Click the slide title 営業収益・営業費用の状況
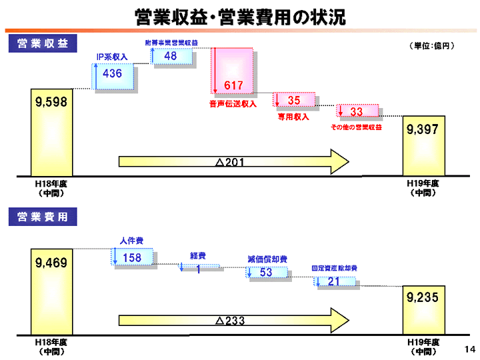point(240,17)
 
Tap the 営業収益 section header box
point(42,44)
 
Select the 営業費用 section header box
point(42,217)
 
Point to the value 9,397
point(422,129)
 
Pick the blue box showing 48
point(172,57)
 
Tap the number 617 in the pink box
point(233,85)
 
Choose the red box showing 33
point(358,111)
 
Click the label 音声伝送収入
point(233,105)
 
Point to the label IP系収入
point(112,57)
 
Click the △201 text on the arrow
point(230,162)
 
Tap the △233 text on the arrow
point(230,321)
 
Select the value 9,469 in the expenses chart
point(51,263)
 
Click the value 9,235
point(422,298)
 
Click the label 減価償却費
point(267,259)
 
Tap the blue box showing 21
point(335,282)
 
